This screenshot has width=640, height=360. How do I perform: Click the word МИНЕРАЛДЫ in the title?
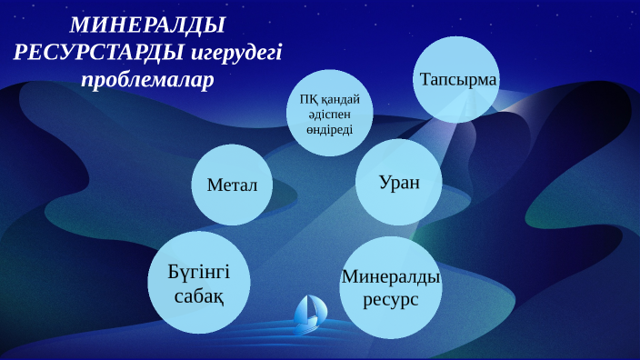click(x=147, y=25)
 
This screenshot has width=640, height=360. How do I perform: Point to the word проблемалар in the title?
click(x=147, y=79)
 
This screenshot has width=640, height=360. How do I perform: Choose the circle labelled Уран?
click(x=399, y=182)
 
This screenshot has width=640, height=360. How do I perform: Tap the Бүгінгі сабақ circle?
click(x=199, y=283)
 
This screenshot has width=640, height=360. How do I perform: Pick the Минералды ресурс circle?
click(x=391, y=286)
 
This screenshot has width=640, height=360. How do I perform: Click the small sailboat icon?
click(x=310, y=314)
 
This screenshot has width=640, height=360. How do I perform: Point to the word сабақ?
click(x=199, y=295)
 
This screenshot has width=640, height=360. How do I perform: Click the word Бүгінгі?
click(x=199, y=272)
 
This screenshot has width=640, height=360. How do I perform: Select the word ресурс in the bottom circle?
click(x=391, y=298)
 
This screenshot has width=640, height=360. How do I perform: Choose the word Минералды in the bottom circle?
click(x=391, y=275)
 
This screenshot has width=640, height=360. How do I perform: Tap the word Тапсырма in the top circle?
click(x=457, y=80)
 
